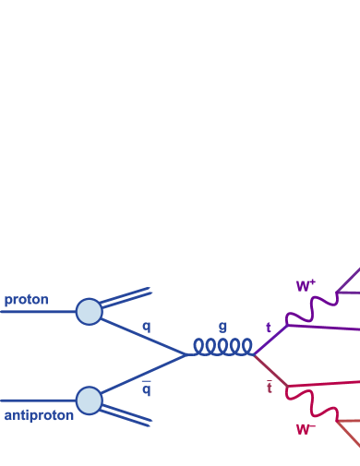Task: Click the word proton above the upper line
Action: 26,300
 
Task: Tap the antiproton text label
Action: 39,415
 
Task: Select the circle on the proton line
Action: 89,311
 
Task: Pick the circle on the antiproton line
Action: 89,400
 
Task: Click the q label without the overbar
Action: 146,326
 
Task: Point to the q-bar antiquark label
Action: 146,388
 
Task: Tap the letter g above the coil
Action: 222,326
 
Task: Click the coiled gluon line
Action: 222,346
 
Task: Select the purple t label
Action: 269,328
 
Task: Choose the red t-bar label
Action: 270,388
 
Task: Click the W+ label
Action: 305,286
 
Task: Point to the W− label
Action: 305,429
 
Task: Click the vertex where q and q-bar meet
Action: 189,354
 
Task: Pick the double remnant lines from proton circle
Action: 127,296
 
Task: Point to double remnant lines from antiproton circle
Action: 127,416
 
